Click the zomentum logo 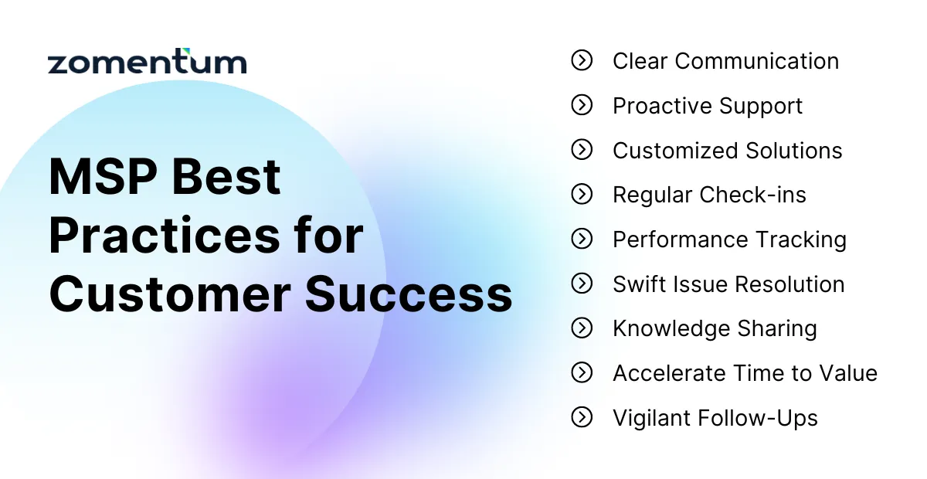coord(147,62)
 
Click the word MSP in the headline coord(103,176)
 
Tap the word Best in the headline coord(226,176)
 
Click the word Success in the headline coord(409,294)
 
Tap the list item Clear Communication coord(725,61)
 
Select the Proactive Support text coord(708,106)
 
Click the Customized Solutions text coord(727,151)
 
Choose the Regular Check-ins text coord(709,195)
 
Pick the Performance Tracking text coord(729,239)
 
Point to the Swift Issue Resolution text coord(728,284)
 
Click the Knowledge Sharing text coord(715,328)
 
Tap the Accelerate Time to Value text coord(745,373)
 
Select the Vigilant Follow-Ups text coord(715,418)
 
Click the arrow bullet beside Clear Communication coord(582,60)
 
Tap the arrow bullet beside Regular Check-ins coord(582,195)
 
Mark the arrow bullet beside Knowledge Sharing coord(582,328)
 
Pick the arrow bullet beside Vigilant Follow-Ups coord(582,418)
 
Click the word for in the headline coord(325,236)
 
